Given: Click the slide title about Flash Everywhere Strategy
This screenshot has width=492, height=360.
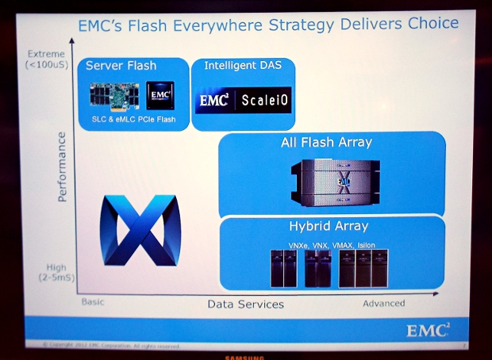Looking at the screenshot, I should point(268,24).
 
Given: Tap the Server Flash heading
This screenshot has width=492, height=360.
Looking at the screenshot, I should point(121,65).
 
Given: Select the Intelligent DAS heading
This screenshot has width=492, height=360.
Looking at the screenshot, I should point(243,64).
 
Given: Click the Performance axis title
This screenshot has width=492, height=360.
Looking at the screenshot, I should point(63,167).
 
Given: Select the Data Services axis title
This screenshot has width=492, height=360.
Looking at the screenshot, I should point(245,304).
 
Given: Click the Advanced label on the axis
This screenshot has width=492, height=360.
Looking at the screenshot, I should point(383,303).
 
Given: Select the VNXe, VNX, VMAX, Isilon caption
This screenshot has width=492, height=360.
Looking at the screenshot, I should point(327,245).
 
